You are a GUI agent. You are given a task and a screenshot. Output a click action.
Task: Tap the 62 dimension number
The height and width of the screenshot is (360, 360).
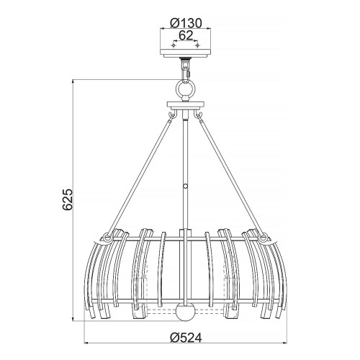186,33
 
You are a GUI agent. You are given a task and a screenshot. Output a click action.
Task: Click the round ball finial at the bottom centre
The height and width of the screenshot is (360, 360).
186,314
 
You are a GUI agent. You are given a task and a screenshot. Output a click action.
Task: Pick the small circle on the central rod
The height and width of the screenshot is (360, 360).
186,186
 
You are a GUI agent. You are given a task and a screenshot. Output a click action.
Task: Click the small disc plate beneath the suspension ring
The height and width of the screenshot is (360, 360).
186,105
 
